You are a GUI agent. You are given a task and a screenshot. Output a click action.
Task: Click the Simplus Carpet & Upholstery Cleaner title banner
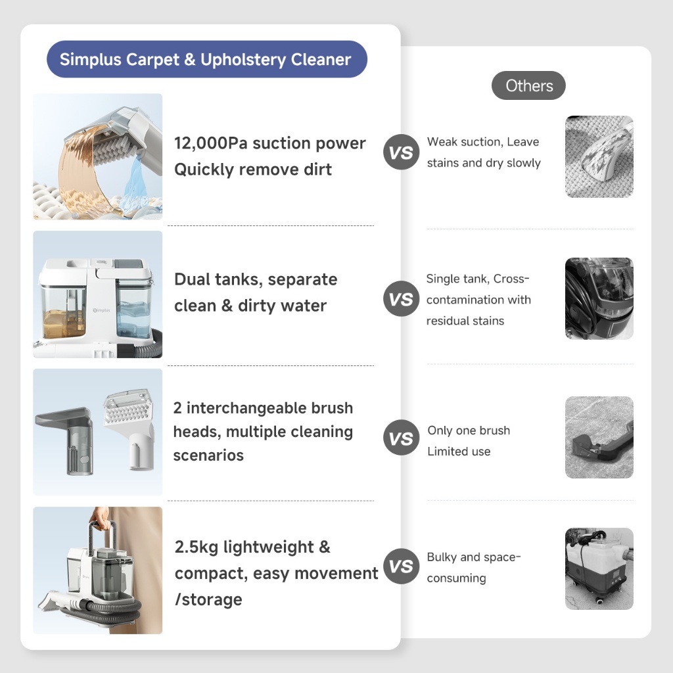click(207, 59)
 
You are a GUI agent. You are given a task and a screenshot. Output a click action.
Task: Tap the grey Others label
click(528, 85)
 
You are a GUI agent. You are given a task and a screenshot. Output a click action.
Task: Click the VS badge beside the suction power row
click(401, 152)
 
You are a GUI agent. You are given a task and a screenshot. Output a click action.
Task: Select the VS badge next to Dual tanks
click(401, 299)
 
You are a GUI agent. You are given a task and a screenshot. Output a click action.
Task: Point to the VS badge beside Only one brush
click(401, 438)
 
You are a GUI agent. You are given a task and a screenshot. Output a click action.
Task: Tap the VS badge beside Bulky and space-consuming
click(401, 566)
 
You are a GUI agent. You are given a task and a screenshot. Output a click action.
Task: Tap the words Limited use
click(459, 452)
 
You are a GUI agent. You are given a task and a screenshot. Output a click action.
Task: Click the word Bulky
click(442, 557)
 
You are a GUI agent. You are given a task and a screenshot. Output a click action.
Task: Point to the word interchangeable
click(246, 407)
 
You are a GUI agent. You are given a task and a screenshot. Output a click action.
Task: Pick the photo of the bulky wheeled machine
click(599, 569)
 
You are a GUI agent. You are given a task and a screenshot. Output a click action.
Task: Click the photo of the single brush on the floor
click(599, 437)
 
